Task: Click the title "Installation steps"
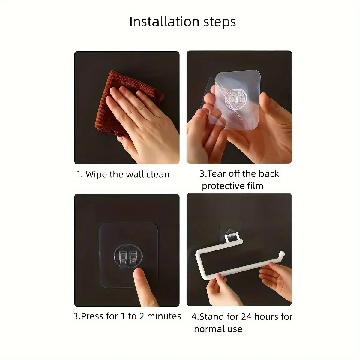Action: pyautogui.click(x=182, y=22)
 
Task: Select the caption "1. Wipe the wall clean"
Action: pyautogui.click(x=123, y=174)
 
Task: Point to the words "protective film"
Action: pyautogui.click(x=232, y=186)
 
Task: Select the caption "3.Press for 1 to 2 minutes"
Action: pyautogui.click(x=127, y=316)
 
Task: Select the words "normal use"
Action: pyautogui.click(x=218, y=329)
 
